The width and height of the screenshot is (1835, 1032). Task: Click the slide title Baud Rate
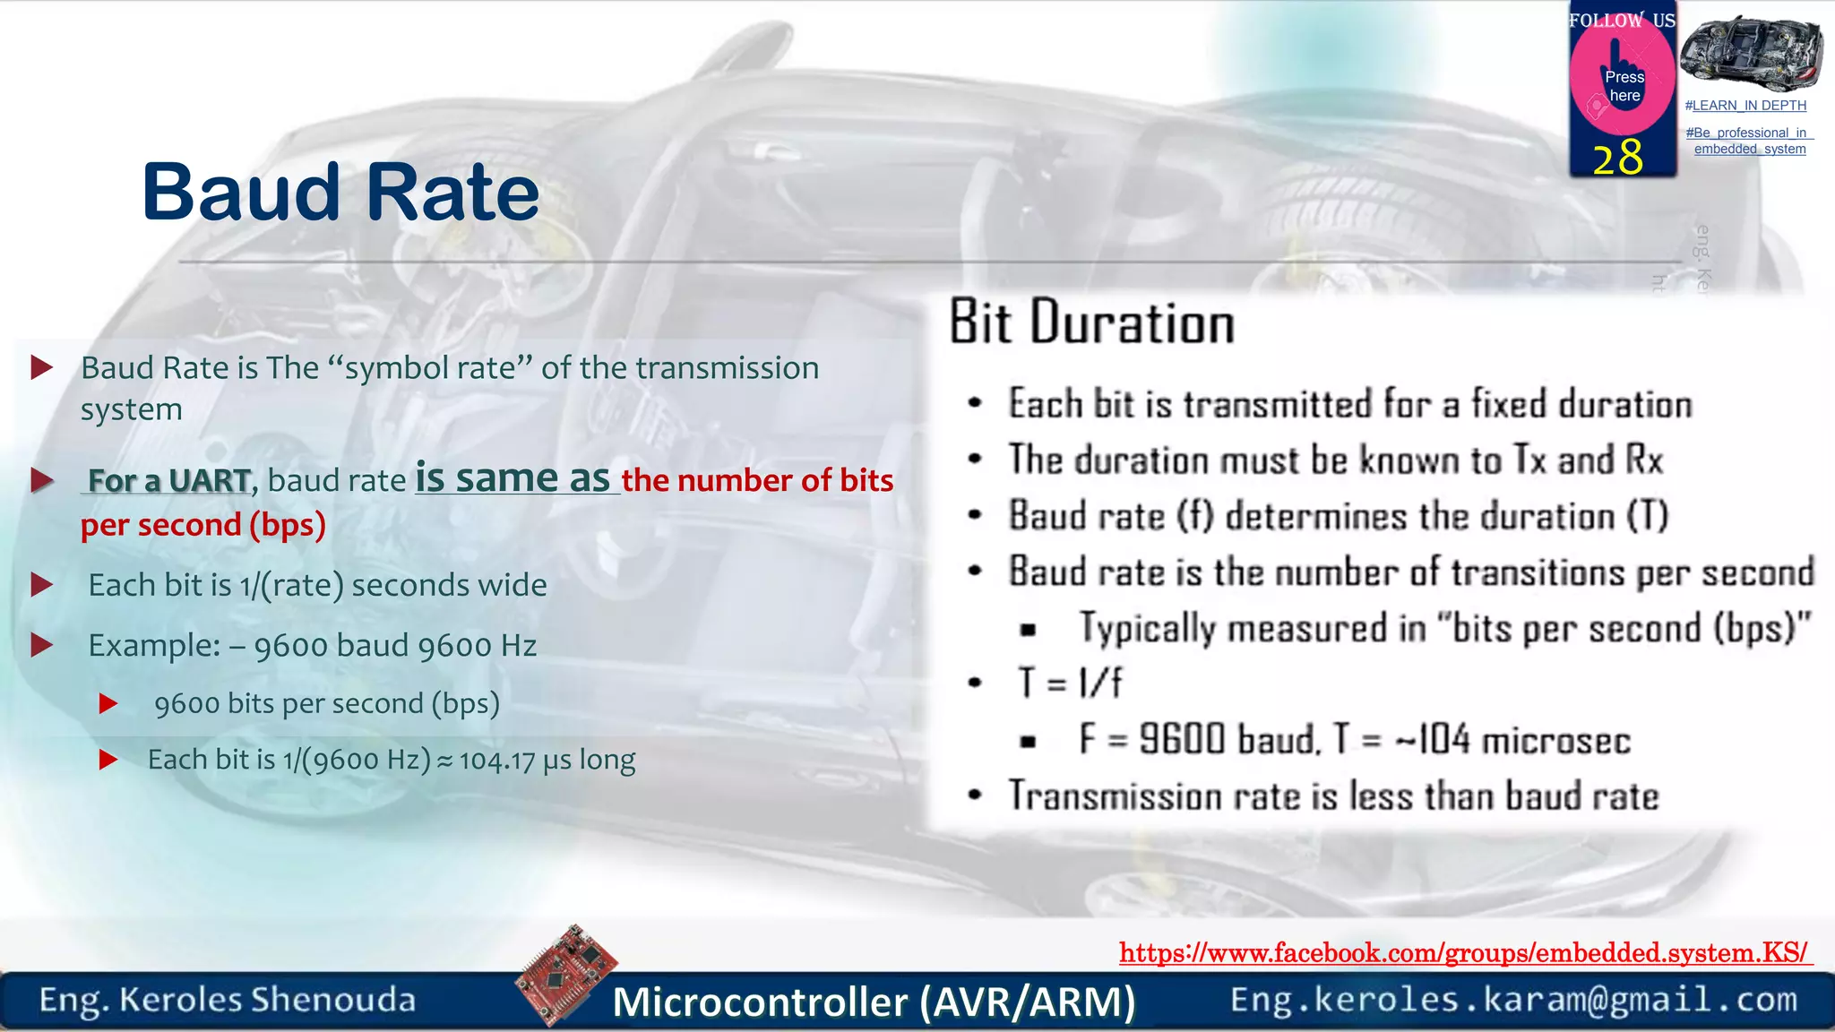tap(340, 193)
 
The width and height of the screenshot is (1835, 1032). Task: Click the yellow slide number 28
tap(1618, 158)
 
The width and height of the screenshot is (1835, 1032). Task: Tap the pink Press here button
tap(1624, 86)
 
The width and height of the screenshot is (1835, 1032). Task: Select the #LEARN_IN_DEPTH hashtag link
tap(1745, 106)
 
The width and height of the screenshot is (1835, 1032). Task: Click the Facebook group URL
tap(1464, 952)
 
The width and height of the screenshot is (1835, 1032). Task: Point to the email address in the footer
tap(1514, 1000)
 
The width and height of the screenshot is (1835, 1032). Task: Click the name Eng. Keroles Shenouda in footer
tap(228, 1000)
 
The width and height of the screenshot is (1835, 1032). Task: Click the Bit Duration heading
tap(1091, 322)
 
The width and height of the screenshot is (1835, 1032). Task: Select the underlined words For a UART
tap(168, 481)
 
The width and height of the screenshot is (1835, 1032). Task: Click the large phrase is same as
tap(513, 477)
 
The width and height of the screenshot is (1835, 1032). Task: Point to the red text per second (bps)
tap(202, 525)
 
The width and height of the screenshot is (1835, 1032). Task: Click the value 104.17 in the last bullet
tap(497, 761)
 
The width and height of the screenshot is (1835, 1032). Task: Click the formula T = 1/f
tap(1069, 684)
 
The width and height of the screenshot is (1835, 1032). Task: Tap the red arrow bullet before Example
tap(42, 645)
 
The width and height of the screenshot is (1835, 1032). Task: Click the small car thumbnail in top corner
tap(1750, 54)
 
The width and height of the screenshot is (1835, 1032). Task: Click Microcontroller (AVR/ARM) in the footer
tap(874, 1002)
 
